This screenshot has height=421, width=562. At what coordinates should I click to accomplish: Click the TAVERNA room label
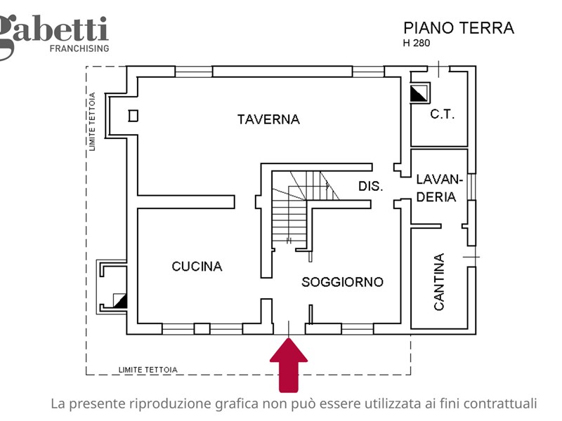[268, 119]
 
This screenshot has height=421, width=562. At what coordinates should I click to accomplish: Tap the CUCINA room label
[197, 267]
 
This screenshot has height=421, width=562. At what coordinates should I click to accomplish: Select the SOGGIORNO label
[342, 282]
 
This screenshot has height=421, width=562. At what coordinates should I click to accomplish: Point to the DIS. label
[370, 187]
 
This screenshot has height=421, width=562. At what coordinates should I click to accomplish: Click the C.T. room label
[442, 114]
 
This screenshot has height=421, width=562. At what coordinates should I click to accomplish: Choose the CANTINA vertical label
[438, 281]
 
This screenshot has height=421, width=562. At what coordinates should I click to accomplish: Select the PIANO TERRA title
[458, 28]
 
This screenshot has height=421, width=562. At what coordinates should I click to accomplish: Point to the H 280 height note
[416, 43]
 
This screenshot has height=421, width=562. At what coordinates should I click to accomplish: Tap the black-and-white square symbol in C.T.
[419, 93]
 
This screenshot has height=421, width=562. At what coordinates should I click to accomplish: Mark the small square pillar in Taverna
[133, 116]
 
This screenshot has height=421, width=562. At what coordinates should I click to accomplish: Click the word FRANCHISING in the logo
[79, 48]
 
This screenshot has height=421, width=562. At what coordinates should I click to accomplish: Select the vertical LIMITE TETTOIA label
[92, 121]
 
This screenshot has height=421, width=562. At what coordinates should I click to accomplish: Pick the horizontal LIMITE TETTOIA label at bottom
[148, 369]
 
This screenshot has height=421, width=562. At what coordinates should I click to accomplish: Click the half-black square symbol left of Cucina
[119, 301]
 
